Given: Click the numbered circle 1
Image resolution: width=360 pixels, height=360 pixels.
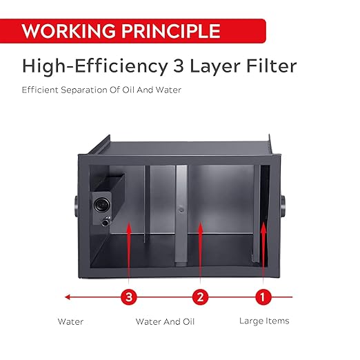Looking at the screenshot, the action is (x=263, y=297).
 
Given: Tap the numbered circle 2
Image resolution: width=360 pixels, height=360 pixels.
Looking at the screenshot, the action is (x=200, y=297).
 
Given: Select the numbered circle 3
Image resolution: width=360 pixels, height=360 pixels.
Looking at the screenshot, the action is (x=129, y=297).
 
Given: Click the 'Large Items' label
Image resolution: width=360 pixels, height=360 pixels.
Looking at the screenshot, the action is (x=264, y=321).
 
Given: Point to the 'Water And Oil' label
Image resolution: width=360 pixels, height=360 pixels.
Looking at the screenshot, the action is (x=165, y=321).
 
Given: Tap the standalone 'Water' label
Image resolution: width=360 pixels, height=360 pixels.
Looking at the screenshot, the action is (x=70, y=321).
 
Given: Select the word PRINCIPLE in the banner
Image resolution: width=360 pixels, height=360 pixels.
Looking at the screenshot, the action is (x=171, y=31).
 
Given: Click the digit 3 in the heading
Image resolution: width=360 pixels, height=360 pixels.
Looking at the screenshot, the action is (x=179, y=66).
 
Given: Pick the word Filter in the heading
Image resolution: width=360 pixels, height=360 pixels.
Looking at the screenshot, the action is (x=272, y=66).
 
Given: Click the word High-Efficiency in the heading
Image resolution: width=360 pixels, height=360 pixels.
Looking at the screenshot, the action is (x=94, y=67).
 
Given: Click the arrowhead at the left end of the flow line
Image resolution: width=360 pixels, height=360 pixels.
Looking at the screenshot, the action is (x=67, y=297).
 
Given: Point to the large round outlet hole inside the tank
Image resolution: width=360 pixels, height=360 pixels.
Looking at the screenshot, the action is (x=101, y=204).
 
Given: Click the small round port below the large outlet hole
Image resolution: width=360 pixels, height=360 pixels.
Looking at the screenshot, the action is (x=106, y=223).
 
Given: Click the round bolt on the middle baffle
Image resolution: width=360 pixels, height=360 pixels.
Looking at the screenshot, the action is (x=181, y=210).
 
